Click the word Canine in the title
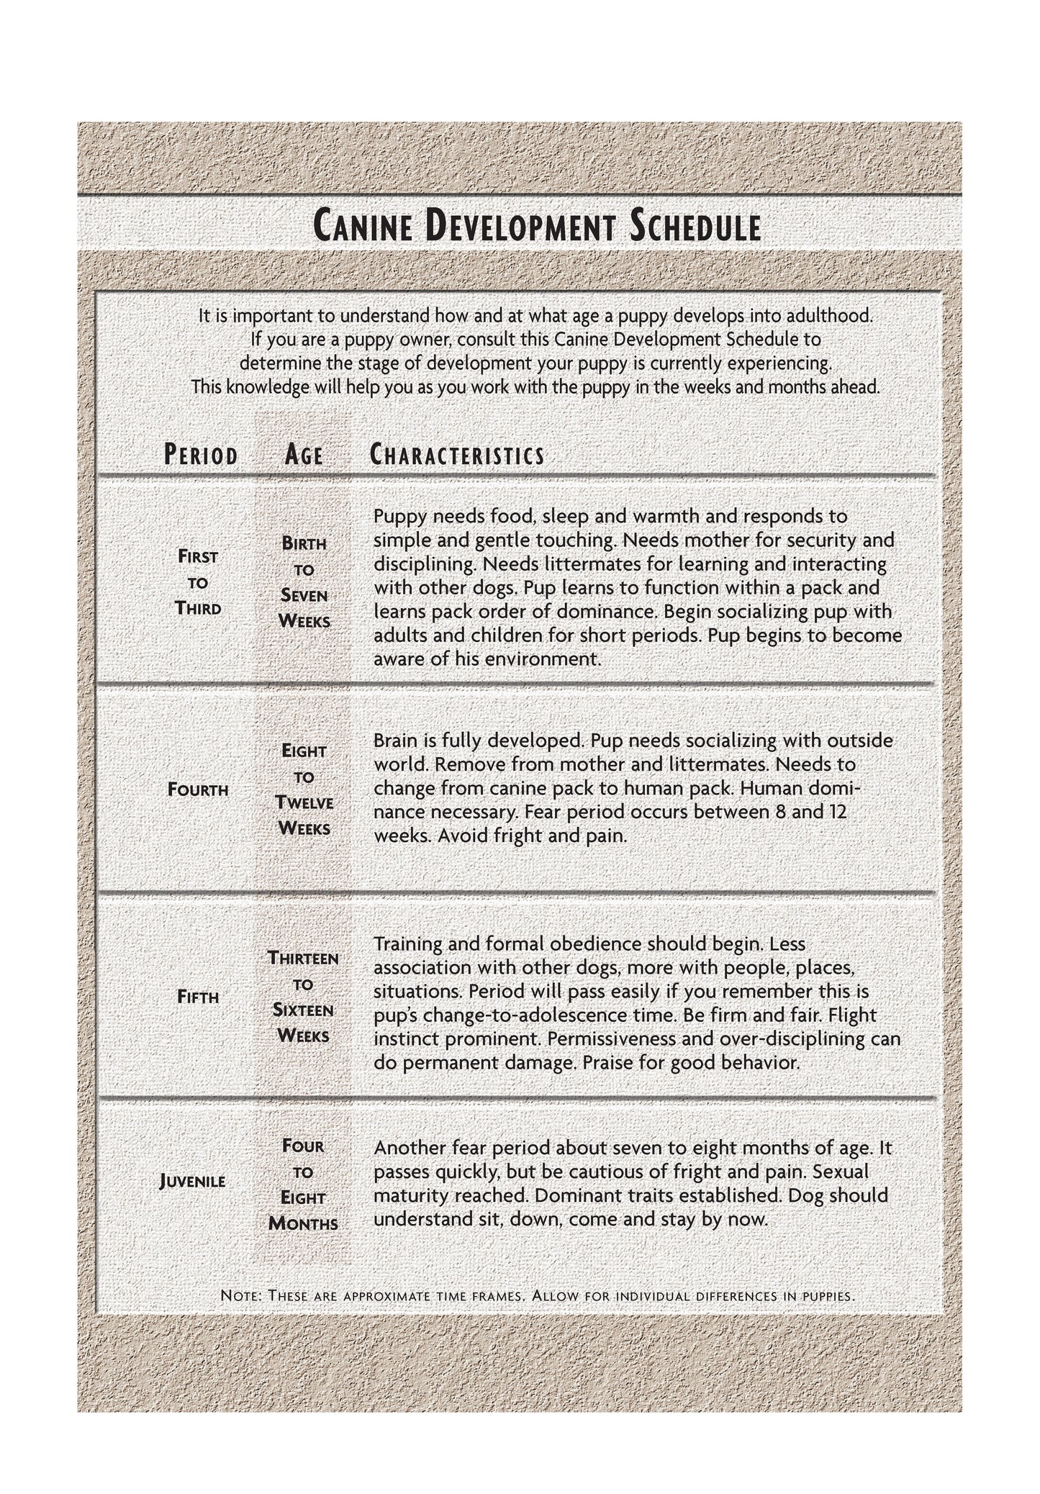(364, 227)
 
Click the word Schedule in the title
(695, 227)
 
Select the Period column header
(201, 455)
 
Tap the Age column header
(304, 455)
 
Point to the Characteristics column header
(457, 455)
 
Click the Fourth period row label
(198, 790)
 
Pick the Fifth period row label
(198, 997)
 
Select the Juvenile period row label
(193, 1182)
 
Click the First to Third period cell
(198, 582)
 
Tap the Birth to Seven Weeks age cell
(304, 582)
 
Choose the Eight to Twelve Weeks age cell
(304, 789)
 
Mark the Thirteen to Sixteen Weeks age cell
(303, 997)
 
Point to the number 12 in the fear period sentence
(834, 812)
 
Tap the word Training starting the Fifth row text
(407, 943)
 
